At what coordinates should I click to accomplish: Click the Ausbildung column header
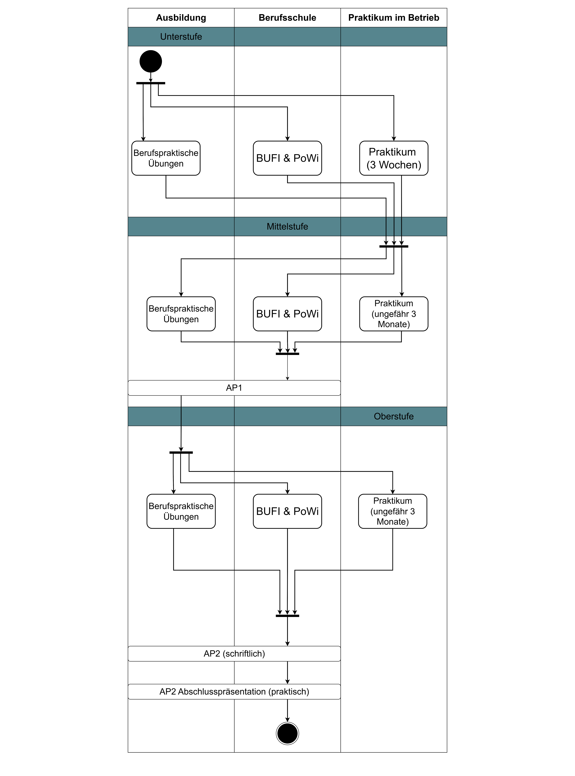(x=181, y=18)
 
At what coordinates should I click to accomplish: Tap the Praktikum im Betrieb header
(x=394, y=18)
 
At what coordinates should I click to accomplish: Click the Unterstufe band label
(x=181, y=37)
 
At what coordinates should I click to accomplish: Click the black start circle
(x=151, y=61)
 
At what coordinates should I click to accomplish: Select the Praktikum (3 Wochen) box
(x=394, y=158)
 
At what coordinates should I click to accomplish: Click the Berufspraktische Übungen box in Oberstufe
(x=181, y=511)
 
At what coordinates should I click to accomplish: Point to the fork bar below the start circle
(x=151, y=83)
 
